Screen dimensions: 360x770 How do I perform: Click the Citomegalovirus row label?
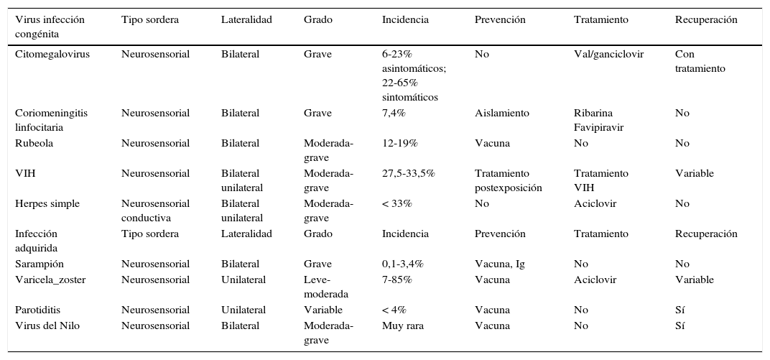coord(52,55)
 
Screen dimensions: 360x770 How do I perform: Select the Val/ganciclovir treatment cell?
coord(608,55)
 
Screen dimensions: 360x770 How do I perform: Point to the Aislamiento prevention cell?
coord(501,114)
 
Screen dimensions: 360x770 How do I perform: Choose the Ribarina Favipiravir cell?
coord(598,120)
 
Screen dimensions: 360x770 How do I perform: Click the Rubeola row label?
coord(34,144)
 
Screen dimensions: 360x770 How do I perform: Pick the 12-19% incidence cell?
coord(399,144)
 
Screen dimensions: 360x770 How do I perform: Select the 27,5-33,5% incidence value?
coord(408,174)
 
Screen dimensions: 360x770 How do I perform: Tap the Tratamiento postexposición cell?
coord(508,180)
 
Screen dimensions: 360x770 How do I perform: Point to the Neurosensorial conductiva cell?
coord(155,211)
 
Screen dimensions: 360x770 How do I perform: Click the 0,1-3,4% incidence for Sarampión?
coord(402,264)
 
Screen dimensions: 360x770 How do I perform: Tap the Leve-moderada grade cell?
coord(325,287)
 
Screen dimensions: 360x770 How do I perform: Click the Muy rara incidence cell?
coord(402,326)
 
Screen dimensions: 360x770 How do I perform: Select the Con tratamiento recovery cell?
coord(700,61)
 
